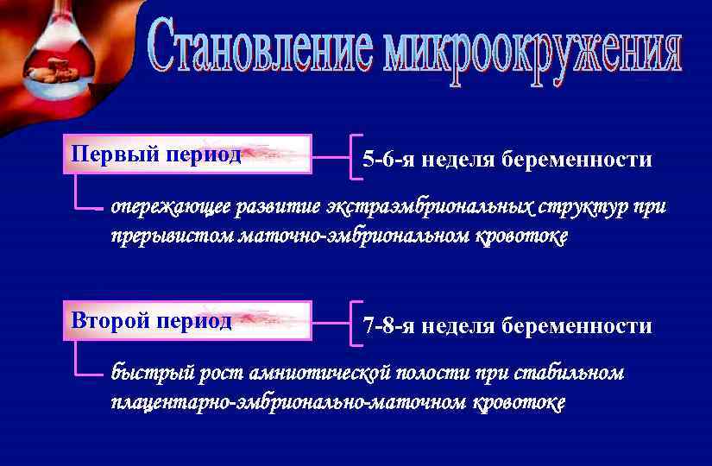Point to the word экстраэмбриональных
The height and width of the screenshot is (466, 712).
(x=430, y=208)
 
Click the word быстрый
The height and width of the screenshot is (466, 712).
(x=145, y=374)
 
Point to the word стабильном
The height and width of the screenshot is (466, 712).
(x=570, y=374)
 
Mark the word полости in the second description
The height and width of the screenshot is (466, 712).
(x=432, y=374)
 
